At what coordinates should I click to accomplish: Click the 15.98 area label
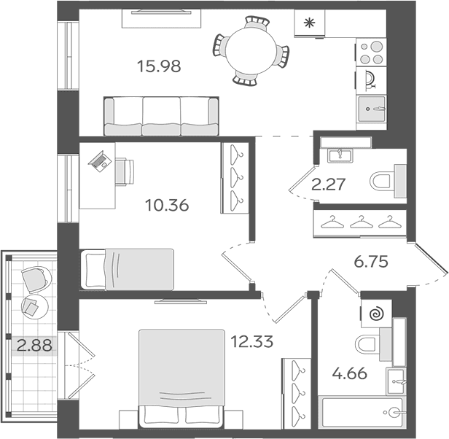pyautogui.click(x=159, y=66)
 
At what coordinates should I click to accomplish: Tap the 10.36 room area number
pyautogui.click(x=167, y=205)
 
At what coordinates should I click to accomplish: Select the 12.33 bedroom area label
pyautogui.click(x=251, y=341)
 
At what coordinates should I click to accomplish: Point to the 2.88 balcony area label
pyautogui.click(x=34, y=346)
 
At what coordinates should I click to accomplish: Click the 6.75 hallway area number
pyautogui.click(x=371, y=262)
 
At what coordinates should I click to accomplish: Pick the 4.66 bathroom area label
pyautogui.click(x=350, y=373)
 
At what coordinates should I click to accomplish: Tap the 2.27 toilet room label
pyautogui.click(x=329, y=184)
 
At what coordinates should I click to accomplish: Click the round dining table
pyautogui.click(x=251, y=50)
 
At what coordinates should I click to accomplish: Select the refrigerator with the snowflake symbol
pyautogui.click(x=310, y=23)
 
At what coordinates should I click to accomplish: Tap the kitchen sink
pyautogui.click(x=372, y=109)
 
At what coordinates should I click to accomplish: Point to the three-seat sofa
pyautogui.click(x=161, y=116)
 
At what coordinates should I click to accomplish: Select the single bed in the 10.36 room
pyautogui.click(x=127, y=269)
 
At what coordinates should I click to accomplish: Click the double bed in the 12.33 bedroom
pyautogui.click(x=181, y=378)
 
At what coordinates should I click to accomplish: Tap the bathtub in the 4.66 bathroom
pyautogui.click(x=362, y=412)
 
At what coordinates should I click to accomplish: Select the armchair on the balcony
pyautogui.click(x=36, y=279)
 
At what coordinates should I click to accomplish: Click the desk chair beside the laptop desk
pyautogui.click(x=125, y=171)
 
